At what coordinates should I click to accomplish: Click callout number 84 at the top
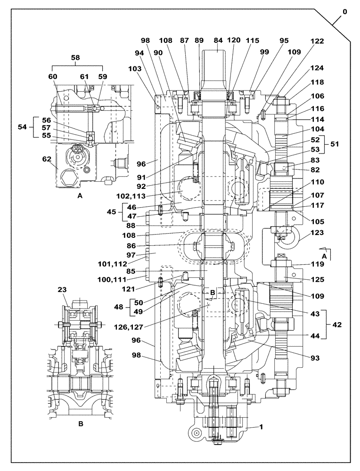tap(218, 41)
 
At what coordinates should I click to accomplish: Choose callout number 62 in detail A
tap(46, 160)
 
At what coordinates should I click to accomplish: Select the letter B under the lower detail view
tap(81, 424)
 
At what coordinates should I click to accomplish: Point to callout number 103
tap(135, 69)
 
